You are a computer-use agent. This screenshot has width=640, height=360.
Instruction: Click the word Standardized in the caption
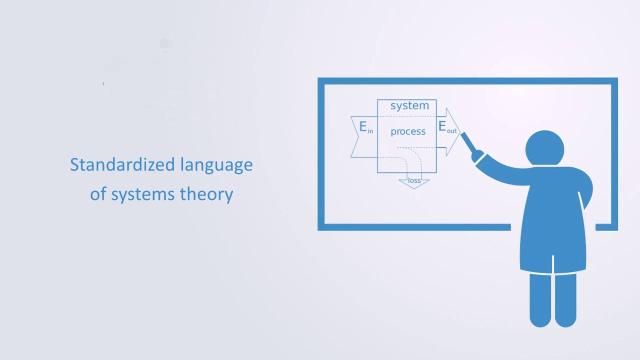[x=122, y=164]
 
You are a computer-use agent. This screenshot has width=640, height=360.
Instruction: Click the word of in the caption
[x=98, y=194]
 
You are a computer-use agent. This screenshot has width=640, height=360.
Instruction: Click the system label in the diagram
[x=409, y=105]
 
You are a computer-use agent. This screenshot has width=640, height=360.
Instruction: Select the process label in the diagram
[x=408, y=131]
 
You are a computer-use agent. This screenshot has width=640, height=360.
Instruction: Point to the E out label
[x=447, y=127]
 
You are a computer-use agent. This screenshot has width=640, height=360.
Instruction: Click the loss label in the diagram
[x=414, y=180]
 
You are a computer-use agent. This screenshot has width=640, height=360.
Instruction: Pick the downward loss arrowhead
[x=414, y=185]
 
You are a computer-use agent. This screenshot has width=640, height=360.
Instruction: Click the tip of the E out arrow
[x=458, y=132]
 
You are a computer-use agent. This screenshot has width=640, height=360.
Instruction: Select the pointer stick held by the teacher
[x=468, y=142]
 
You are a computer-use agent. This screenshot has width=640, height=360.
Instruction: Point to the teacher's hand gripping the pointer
[x=478, y=156]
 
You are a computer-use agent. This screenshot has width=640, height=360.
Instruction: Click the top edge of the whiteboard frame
[x=467, y=81]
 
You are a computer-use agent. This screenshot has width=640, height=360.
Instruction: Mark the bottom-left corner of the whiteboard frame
[x=321, y=227]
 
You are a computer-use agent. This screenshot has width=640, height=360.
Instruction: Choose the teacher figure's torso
[x=553, y=220]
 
